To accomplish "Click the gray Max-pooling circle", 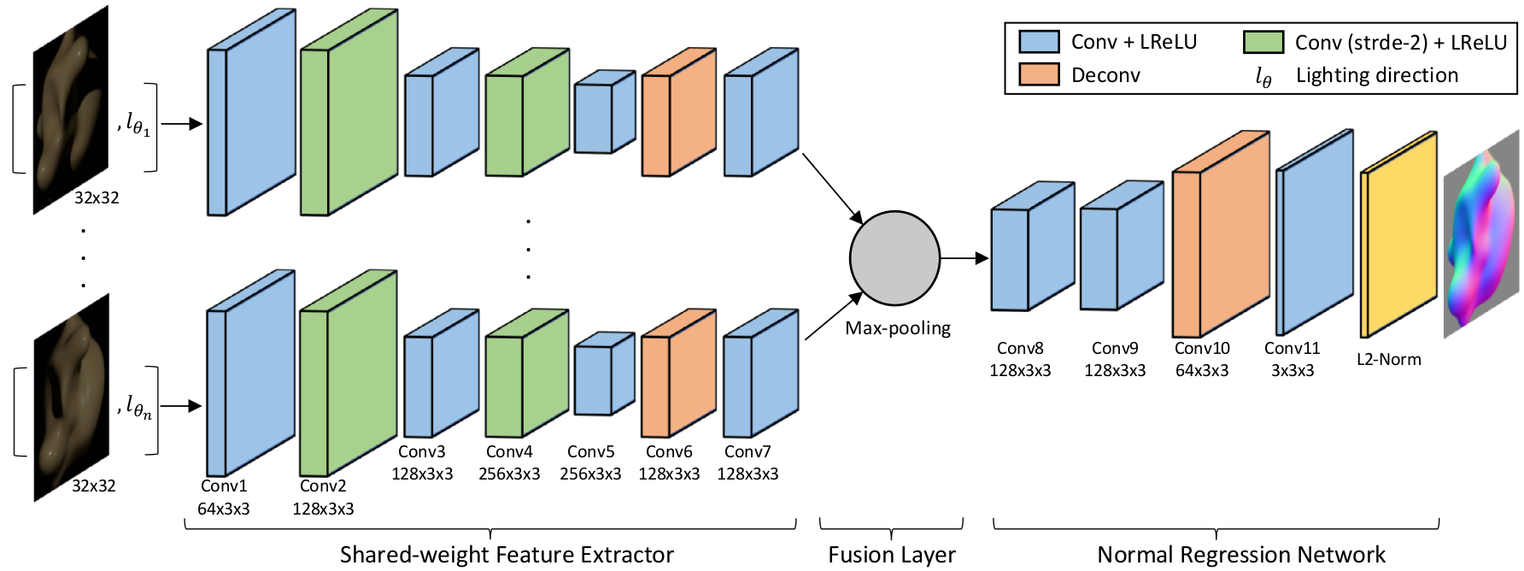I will [894, 258].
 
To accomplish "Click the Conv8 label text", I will [1020, 349].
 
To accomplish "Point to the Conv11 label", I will [1292, 349].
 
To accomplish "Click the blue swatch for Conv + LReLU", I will [1039, 42].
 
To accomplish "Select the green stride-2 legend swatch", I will [1263, 42].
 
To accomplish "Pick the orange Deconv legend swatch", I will [1039, 75].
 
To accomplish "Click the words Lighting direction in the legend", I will [1377, 75].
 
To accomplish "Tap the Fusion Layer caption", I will [891, 555].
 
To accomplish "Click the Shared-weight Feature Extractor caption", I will [507, 555].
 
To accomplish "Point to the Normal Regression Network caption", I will [1241, 555].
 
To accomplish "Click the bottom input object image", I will [72, 397].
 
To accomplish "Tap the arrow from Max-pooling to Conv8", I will [964, 258].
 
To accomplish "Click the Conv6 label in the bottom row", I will [669, 452].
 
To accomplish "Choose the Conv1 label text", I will [224, 486].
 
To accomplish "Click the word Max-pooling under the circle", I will [898, 328].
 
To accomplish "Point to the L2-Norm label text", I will [1389, 360].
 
